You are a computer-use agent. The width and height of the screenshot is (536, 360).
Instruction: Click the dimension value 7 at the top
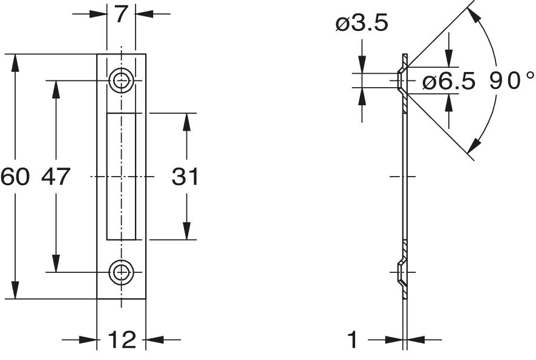coord(121,13)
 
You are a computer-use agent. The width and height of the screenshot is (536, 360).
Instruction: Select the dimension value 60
coord(15,177)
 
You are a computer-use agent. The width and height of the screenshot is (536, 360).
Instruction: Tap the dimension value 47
coord(56,177)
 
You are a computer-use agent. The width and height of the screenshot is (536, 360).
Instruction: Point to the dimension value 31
coord(185,177)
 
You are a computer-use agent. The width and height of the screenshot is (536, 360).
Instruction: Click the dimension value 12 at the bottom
coord(122,340)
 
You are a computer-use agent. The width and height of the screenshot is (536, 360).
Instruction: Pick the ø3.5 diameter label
coord(362,24)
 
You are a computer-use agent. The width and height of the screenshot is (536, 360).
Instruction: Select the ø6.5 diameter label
coord(449,82)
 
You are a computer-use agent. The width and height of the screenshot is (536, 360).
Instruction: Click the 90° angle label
coord(512,80)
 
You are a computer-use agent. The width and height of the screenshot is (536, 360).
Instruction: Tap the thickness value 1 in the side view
coord(353,340)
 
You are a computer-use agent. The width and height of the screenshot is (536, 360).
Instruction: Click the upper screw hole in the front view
coord(121,80)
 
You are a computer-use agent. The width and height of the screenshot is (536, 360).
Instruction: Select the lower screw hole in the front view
coord(121,273)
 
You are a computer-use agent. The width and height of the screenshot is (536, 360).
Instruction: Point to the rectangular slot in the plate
coord(121,176)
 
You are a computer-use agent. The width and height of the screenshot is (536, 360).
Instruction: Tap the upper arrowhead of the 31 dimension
coord(186,121)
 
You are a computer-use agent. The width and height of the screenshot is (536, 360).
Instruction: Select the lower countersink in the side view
coord(401,273)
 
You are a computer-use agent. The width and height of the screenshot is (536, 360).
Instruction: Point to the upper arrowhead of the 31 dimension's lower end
coord(186,231)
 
